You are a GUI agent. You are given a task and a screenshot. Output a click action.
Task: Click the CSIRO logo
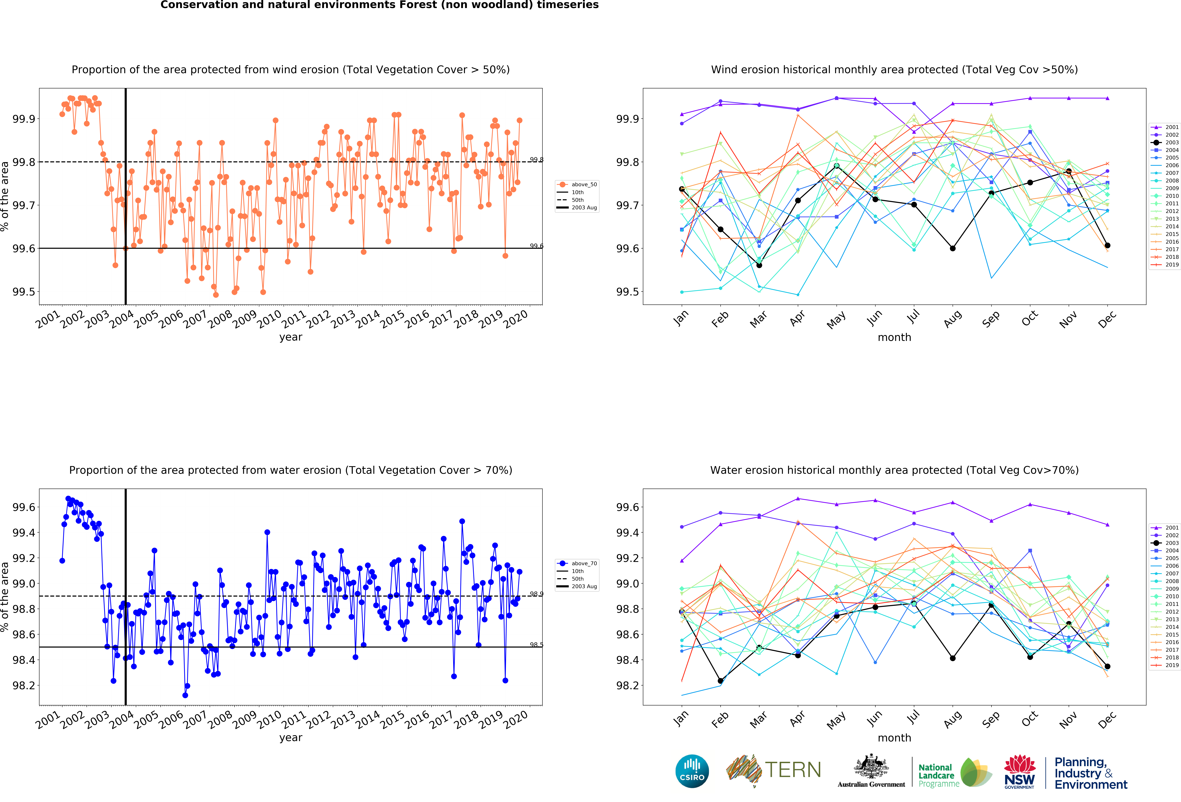pos(692,771)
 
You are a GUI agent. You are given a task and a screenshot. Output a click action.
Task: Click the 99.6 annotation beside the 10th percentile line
pos(537,246)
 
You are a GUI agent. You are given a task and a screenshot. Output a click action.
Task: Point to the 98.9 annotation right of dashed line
pos(537,594)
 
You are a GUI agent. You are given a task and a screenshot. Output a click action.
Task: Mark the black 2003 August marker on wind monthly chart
pos(952,248)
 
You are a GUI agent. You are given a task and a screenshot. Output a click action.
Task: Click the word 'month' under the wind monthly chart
pos(894,337)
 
